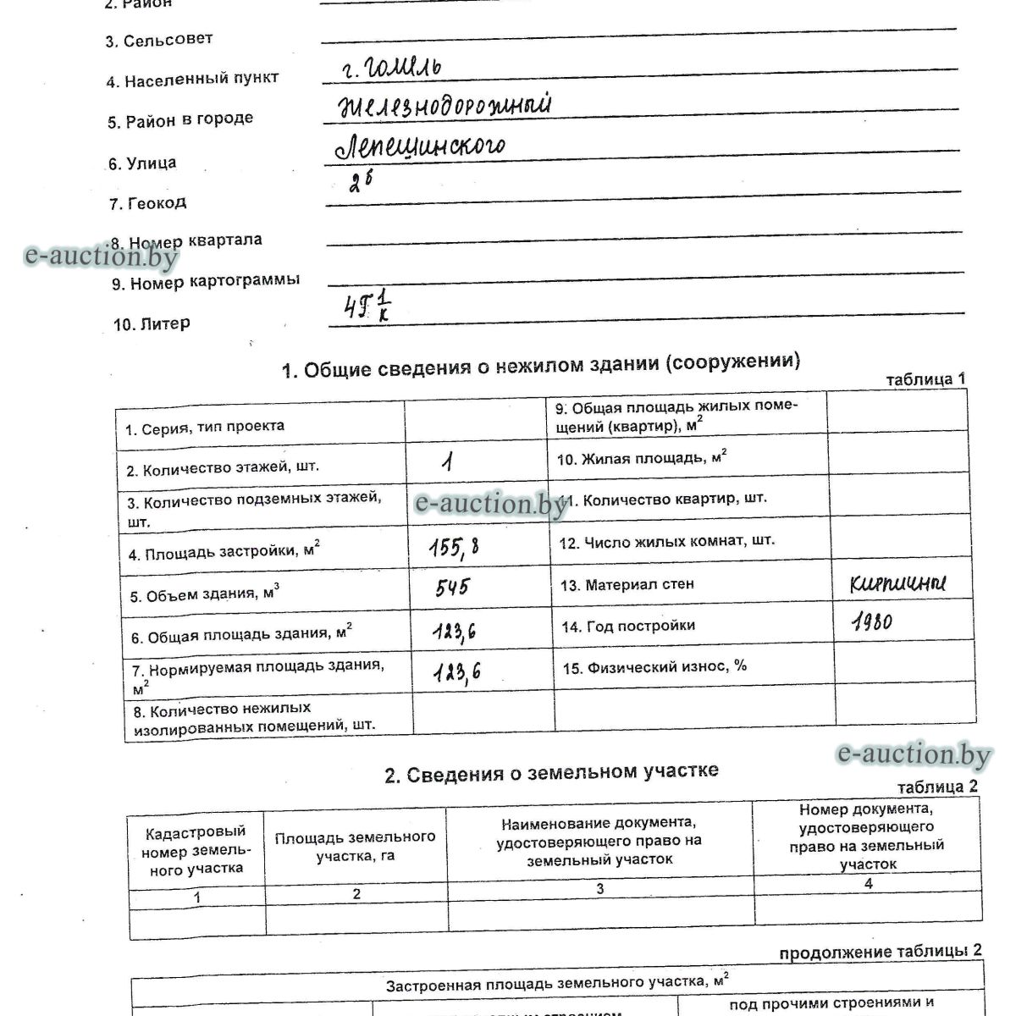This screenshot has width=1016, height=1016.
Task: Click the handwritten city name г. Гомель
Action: coord(391,67)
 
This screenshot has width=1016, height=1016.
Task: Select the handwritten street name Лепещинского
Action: coord(420,146)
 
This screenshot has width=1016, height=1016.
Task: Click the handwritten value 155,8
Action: coord(455,549)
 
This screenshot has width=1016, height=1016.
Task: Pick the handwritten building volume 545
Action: coord(452,588)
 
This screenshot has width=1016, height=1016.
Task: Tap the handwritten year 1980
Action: coord(872,623)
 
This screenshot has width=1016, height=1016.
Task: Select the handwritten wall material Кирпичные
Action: coord(898,583)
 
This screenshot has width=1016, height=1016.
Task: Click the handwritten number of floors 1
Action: coord(448,461)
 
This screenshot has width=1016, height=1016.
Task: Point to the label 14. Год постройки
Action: coord(628,627)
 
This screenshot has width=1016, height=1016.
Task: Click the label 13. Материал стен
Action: coord(627,584)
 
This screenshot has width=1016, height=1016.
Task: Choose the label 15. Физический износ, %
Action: coord(654,667)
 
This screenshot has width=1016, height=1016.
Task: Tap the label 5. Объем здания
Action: coord(204,595)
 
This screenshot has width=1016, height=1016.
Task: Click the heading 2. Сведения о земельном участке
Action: coord(551,773)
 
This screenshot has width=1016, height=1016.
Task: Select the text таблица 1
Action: coord(925,379)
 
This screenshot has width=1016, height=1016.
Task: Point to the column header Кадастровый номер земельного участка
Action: coord(194,850)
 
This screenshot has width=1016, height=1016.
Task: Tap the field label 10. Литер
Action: coord(152,324)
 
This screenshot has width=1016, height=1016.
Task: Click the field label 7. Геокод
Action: coord(147,203)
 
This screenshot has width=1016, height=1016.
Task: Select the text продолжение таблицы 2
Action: coord(881,952)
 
